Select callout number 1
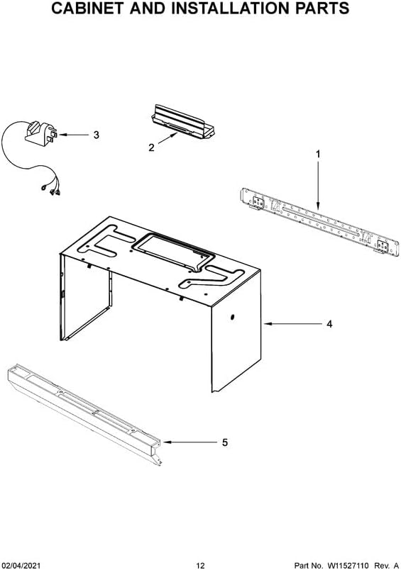coord(318,154)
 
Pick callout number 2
coord(151,148)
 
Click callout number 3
coord(97,134)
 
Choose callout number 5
coord(224,442)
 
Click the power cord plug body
coord(40,133)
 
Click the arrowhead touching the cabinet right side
coord(268,324)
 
